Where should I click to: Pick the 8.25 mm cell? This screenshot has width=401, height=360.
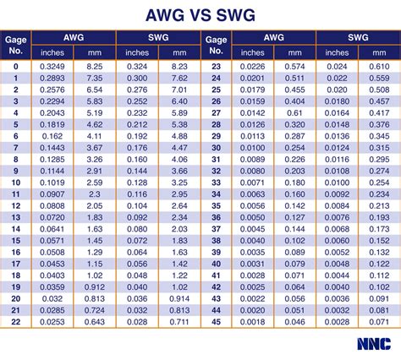click(95, 65)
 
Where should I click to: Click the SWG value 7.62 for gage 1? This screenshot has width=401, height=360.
click(179, 76)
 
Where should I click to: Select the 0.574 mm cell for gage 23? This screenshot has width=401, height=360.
click(295, 65)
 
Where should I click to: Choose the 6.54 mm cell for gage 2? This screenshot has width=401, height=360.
click(95, 88)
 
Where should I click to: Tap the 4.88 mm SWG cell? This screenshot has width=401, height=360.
click(179, 135)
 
